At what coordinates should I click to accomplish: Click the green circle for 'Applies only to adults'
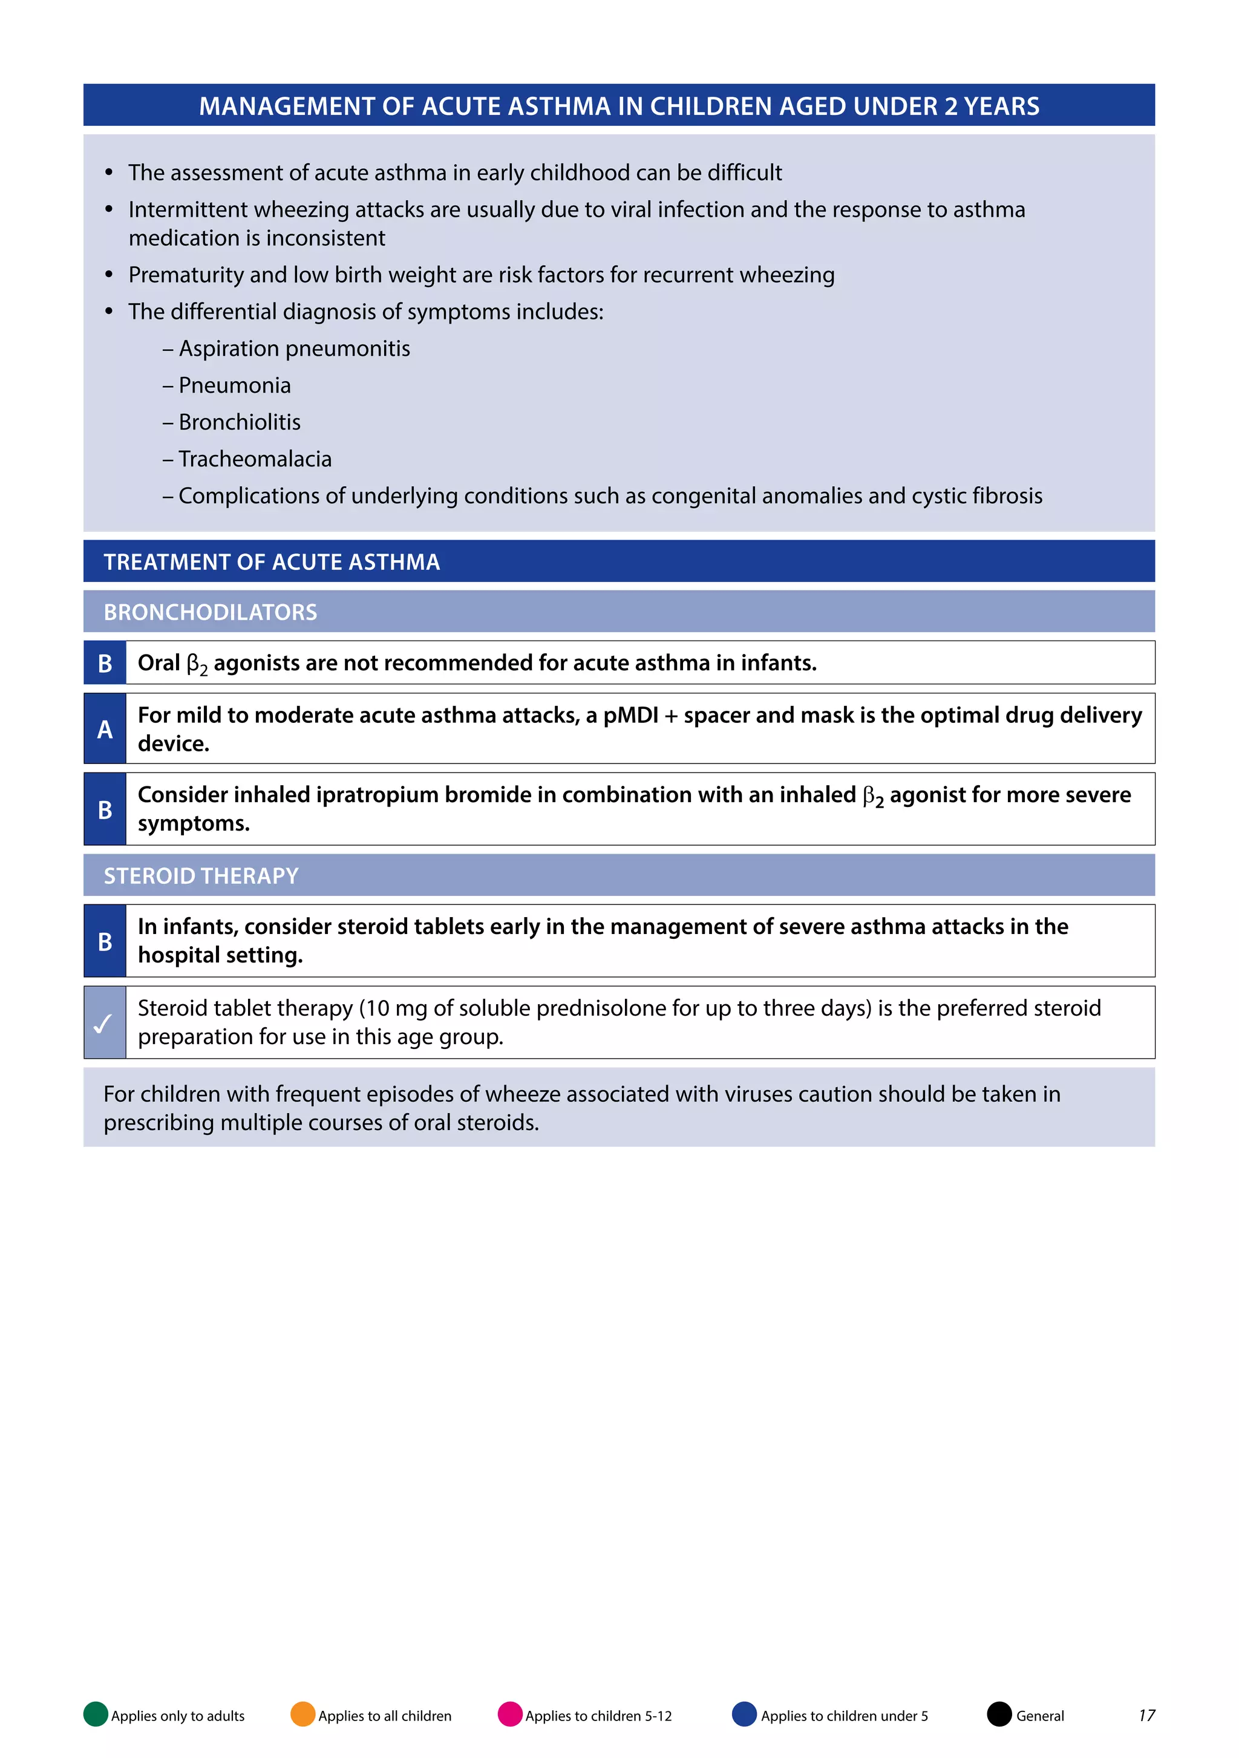[x=96, y=1714]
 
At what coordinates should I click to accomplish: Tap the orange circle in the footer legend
[x=303, y=1714]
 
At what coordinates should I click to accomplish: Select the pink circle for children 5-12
[x=510, y=1714]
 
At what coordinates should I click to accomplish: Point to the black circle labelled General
[x=999, y=1714]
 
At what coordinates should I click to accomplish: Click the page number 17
[x=1146, y=1715]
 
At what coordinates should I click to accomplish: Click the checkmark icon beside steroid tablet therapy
[x=104, y=1023]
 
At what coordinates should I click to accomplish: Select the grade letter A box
[x=105, y=729]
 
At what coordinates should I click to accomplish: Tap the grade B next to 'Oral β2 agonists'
[x=105, y=663]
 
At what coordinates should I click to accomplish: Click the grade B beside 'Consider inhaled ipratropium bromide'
[x=105, y=809]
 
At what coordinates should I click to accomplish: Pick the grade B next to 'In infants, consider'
[x=105, y=941]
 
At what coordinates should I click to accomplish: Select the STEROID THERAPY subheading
[x=201, y=875]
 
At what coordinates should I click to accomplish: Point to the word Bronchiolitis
[x=240, y=422]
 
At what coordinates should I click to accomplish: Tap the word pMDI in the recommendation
[x=630, y=715]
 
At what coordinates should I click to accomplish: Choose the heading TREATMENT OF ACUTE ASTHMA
[x=272, y=562]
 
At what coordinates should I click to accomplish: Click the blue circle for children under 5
[x=744, y=1714]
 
